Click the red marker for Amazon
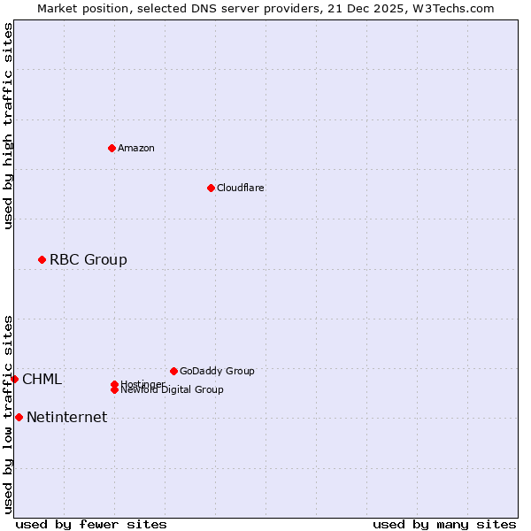112,148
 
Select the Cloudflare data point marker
211,188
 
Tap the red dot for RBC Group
42,259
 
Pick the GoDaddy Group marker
173,371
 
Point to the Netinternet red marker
19,417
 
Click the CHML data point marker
14,379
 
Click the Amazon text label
136,148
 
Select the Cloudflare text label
240,188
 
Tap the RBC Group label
88,259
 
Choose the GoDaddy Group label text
217,371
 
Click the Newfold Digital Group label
172,390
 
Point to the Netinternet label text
66,418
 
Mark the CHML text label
42,380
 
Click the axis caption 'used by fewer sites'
91,524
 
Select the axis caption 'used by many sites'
444,524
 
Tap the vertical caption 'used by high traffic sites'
8,126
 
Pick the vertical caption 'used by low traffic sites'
8,414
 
